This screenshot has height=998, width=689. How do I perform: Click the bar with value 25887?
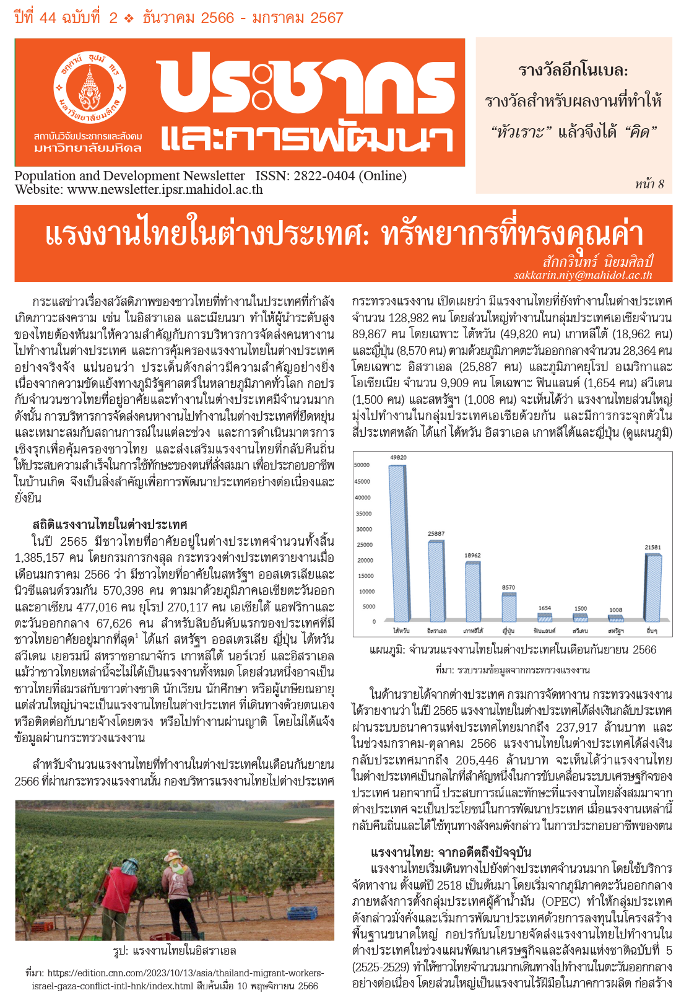tap(436, 581)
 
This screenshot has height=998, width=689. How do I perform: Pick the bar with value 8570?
tap(509, 608)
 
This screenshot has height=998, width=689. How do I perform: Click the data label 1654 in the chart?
tap(544, 608)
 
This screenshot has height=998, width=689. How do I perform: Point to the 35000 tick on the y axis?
tap(363, 514)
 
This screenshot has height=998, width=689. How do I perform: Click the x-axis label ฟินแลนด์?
tap(544, 631)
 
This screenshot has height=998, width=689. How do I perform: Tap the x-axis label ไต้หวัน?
tap(401, 631)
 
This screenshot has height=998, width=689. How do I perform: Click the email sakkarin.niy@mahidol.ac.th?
tap(583, 275)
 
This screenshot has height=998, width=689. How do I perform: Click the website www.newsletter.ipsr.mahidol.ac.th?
tap(165, 190)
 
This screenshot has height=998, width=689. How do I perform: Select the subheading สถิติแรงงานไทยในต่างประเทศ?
tap(110, 525)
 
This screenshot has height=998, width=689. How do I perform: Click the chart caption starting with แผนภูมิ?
tap(513, 650)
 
